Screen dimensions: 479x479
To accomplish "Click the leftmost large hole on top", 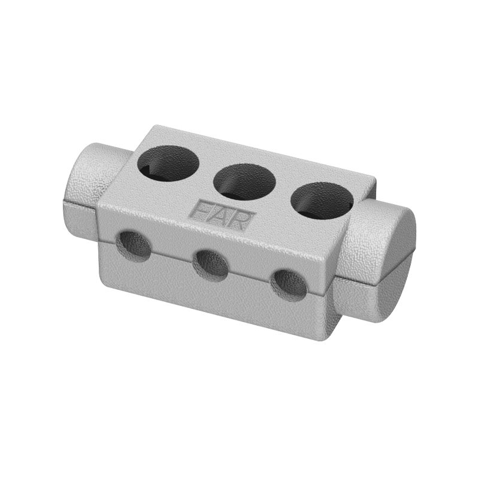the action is click(x=168, y=164).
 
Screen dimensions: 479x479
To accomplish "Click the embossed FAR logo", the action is click(x=222, y=215).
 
